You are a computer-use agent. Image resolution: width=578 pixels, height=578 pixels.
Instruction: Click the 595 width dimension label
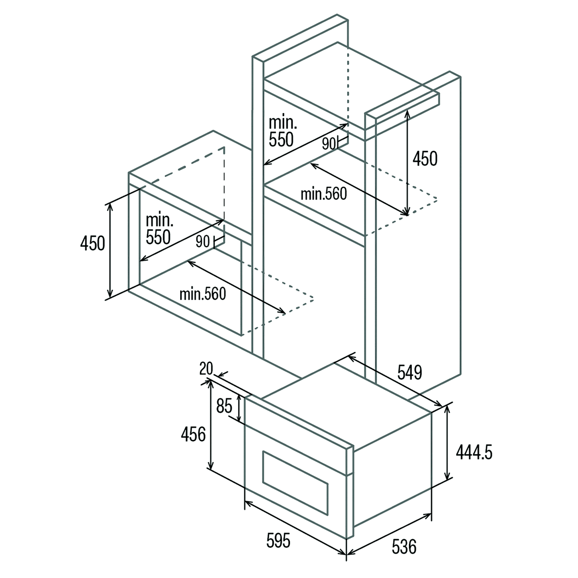[278, 540]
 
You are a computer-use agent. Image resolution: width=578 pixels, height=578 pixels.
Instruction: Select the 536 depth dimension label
[404, 546]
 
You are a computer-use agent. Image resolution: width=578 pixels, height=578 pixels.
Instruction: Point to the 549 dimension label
[410, 372]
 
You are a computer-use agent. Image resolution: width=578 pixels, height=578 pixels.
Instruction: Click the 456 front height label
[193, 434]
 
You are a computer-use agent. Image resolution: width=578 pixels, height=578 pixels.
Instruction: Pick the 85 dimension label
[224, 406]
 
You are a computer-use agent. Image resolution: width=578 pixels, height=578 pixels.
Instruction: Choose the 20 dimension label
[206, 368]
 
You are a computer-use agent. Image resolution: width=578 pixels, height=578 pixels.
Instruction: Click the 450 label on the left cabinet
[92, 243]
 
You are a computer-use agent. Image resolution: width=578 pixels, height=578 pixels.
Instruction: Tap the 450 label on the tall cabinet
[425, 158]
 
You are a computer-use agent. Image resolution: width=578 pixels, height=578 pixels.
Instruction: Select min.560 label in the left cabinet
[203, 294]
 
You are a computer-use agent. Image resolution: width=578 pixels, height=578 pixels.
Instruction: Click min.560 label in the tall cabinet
[324, 194]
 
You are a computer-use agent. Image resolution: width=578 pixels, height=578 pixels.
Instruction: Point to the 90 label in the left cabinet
[203, 241]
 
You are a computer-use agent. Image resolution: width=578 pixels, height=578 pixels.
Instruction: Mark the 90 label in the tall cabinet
[329, 144]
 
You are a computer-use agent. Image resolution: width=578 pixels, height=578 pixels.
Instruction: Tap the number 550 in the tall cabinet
[281, 139]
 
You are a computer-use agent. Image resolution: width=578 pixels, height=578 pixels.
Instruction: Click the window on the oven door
[295, 483]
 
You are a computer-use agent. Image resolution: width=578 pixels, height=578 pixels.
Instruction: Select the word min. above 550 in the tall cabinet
[283, 122]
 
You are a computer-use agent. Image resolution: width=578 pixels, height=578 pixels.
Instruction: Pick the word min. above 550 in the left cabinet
[159, 220]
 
